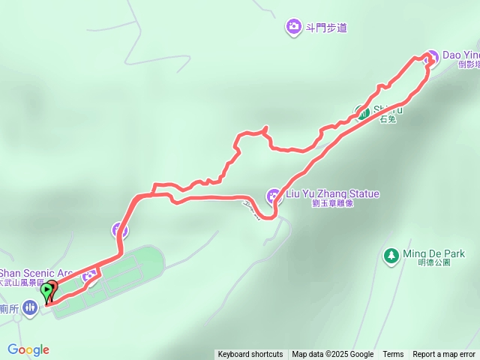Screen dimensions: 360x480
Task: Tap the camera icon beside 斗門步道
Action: click(x=293, y=28)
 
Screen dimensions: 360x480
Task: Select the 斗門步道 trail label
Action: click(x=326, y=28)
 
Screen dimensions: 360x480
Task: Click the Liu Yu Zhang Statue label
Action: click(x=332, y=194)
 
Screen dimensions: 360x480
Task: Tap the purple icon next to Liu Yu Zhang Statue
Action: click(x=273, y=196)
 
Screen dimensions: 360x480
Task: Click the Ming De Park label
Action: click(x=433, y=253)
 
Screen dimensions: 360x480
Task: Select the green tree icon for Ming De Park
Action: click(x=391, y=255)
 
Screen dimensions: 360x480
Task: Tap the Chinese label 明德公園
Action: click(x=434, y=263)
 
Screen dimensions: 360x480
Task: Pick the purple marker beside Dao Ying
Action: click(x=430, y=57)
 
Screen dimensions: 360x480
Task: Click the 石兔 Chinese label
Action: click(x=388, y=119)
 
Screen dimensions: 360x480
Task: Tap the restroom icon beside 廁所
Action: click(x=29, y=307)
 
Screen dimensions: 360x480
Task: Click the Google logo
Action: click(x=28, y=349)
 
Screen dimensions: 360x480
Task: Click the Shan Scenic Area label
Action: click(x=36, y=273)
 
